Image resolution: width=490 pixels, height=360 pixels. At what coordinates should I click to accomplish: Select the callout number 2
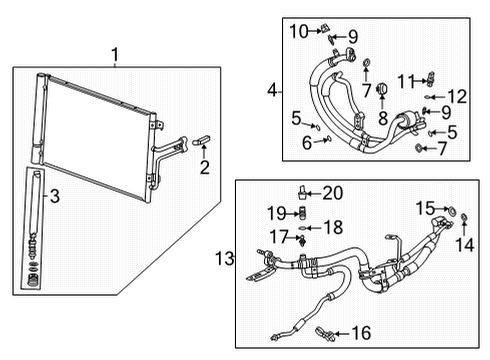[x=205, y=168]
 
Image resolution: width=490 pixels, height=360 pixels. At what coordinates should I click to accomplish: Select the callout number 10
[x=300, y=31]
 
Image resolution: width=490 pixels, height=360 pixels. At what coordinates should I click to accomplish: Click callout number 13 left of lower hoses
[x=225, y=260]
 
